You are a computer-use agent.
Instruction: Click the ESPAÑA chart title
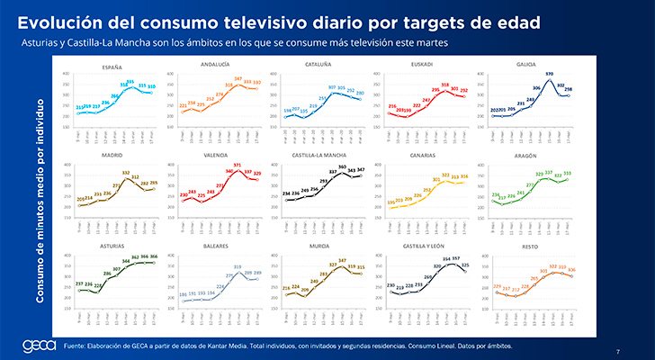pyautogui.click(x=112, y=66)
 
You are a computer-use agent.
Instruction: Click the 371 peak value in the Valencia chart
pyautogui.click(x=237, y=165)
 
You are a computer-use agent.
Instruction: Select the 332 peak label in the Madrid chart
pyautogui.click(x=127, y=172)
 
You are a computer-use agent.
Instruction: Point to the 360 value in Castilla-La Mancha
pyautogui.click(x=342, y=167)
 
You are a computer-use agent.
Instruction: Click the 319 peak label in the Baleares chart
pyautogui.click(x=238, y=267)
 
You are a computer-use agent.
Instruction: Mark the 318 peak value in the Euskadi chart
pyautogui.click(x=444, y=85)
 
